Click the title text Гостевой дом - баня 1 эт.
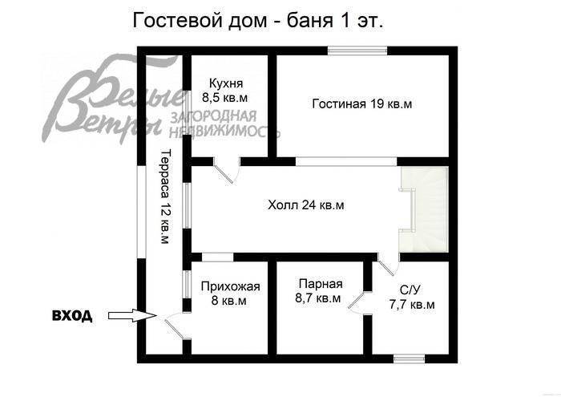257,21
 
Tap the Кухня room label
226,83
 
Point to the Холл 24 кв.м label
306,205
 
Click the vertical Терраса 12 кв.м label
164,196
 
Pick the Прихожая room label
231,286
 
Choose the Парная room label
321,283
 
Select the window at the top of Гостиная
358,52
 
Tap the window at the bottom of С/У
410,357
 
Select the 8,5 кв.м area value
226,97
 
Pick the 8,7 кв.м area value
318,298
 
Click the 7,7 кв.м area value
412,305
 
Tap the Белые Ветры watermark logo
112,104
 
